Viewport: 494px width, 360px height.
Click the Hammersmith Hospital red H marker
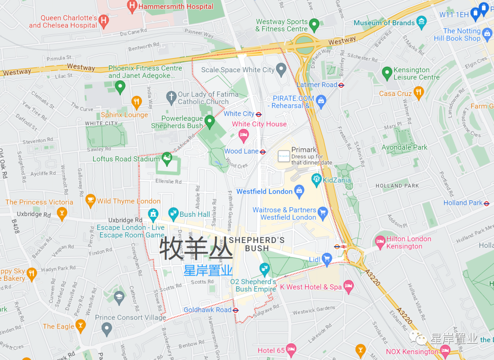132,6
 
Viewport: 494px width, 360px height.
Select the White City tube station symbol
259,114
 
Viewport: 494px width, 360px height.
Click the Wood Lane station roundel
263,152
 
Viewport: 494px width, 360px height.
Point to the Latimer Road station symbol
341,85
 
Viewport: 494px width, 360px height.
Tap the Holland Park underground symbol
487,203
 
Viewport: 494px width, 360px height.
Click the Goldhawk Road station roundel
236,310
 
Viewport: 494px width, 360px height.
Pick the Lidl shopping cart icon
327,259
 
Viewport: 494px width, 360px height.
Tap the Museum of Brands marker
422,21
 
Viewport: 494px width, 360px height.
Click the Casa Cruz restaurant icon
419,93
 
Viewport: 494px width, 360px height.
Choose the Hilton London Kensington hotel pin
380,241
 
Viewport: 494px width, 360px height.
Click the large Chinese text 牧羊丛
196,249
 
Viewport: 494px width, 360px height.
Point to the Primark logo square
284,156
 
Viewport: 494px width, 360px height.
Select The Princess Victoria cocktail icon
62,213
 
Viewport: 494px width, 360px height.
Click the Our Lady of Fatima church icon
171,97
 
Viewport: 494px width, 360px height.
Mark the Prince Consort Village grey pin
107,328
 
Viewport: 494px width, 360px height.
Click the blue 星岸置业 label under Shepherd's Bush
208,270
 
